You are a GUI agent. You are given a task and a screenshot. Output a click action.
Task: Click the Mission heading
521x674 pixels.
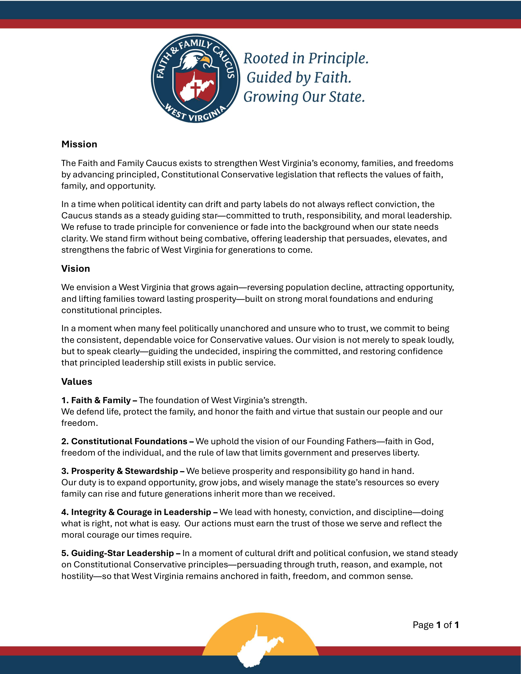pos(79,144)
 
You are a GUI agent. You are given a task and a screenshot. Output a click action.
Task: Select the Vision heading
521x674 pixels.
pos(76,268)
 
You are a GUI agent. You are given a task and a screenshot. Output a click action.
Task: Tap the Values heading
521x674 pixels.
pos(77,381)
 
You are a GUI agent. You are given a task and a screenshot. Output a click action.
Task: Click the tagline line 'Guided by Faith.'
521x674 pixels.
pos(299,78)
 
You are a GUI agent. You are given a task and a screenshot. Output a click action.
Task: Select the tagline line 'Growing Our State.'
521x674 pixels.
pos(304,97)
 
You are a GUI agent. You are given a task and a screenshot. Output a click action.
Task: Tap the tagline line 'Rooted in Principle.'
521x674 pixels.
pos(306,58)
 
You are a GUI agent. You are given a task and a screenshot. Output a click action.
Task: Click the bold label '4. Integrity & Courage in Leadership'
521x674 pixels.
pos(139,512)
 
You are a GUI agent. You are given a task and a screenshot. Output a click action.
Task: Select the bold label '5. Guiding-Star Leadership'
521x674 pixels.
pos(120,553)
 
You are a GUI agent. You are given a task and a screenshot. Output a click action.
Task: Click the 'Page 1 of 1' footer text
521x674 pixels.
pos(435,625)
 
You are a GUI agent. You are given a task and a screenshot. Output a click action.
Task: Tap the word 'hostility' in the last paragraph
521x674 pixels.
pos(77,576)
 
